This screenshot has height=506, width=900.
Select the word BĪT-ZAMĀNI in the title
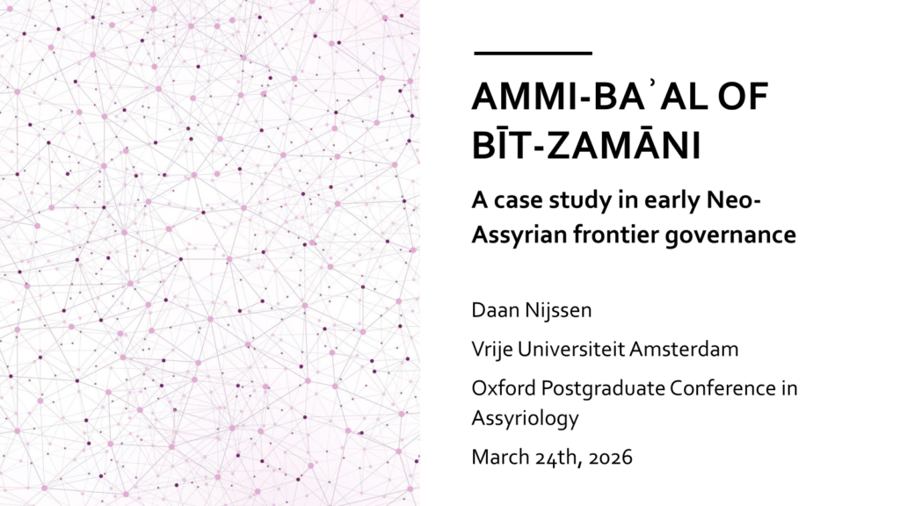tap(586, 145)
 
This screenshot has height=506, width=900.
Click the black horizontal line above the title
tap(533, 54)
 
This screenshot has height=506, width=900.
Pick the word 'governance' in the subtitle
tap(730, 236)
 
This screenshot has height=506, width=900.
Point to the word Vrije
tap(491, 350)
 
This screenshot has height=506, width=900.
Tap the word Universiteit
tap(570, 349)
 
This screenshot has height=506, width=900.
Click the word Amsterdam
tap(684, 349)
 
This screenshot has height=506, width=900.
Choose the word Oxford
tap(504, 387)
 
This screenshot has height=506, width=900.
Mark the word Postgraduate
tap(603, 389)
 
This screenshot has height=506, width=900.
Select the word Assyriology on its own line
tap(526, 419)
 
